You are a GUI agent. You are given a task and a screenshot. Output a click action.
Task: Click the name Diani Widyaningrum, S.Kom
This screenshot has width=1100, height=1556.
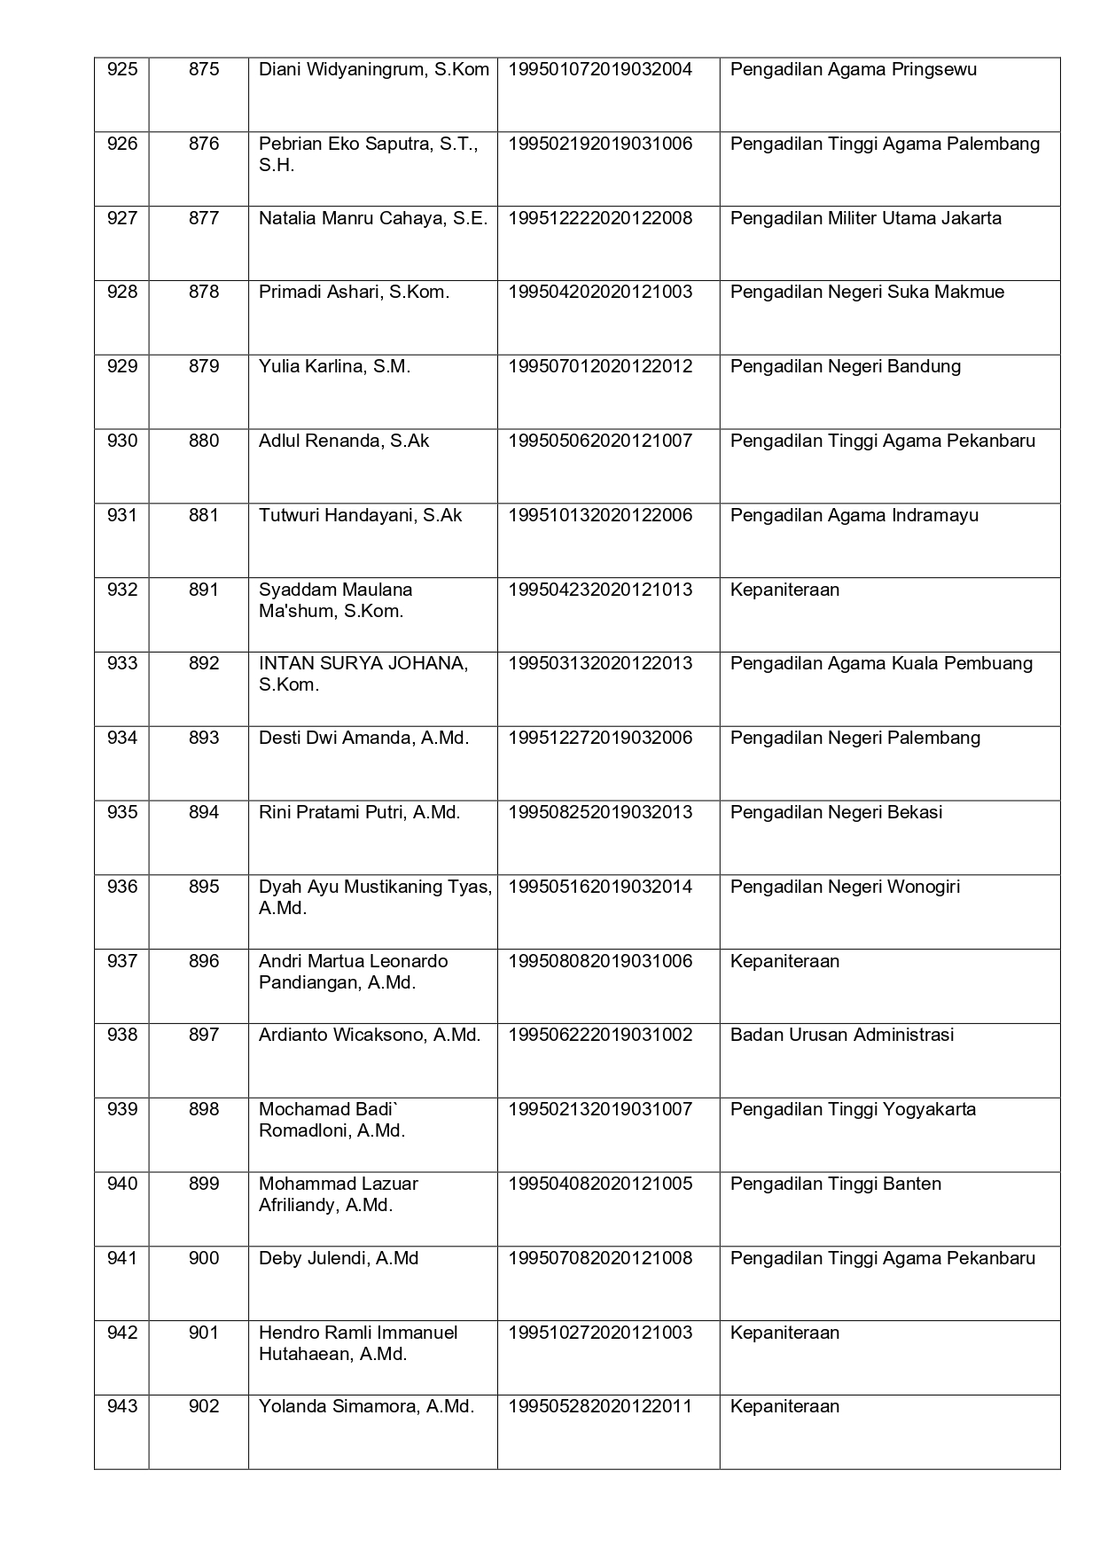[373, 69]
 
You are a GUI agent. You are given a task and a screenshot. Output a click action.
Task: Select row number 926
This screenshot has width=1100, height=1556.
[122, 144]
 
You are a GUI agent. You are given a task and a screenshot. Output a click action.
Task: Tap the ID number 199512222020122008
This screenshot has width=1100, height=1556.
[600, 218]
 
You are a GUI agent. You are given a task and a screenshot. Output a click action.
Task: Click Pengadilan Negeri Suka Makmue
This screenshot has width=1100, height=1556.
[867, 292]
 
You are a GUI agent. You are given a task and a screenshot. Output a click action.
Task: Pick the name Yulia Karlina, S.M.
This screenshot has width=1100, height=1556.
[334, 366]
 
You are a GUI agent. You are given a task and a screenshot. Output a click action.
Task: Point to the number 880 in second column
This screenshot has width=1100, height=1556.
[204, 441]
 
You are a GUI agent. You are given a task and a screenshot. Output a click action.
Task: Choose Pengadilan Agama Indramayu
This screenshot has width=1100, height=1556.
[854, 515]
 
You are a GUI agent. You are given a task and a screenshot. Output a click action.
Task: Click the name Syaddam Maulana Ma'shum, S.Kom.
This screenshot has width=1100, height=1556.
[335, 600]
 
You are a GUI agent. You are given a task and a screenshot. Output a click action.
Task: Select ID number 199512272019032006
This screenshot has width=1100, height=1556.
[600, 738]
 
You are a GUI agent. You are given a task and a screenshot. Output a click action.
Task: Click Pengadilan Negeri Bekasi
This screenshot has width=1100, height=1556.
[836, 812]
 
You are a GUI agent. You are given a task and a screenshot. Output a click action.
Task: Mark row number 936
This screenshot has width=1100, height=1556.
[122, 887]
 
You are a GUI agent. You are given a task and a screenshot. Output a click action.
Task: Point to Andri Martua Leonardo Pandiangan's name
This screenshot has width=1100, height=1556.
[353, 972]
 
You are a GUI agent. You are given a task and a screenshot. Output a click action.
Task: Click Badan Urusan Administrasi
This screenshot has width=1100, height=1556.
[842, 1035]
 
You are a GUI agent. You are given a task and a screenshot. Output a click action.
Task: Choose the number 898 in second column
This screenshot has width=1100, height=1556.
[204, 1109]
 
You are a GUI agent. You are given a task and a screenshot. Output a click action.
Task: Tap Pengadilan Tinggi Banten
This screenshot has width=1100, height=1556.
[836, 1184]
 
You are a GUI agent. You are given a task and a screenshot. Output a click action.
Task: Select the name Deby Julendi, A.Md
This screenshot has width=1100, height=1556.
[339, 1258]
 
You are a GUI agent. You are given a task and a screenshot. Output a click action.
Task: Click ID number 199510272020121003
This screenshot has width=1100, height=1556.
[600, 1333]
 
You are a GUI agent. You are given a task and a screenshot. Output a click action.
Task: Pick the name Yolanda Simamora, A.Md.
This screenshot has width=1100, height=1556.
[366, 1406]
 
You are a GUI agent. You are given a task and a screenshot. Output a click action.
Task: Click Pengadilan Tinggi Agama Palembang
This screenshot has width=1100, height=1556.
[885, 144]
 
